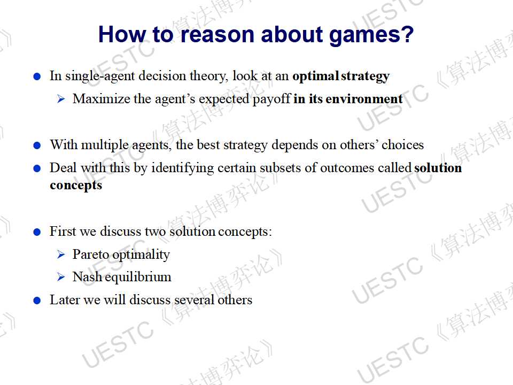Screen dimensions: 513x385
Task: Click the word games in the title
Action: tap(364, 36)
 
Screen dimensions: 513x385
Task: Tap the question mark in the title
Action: tap(407, 34)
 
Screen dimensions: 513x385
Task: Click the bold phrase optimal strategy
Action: tap(341, 76)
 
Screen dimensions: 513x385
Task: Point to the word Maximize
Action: tap(102, 98)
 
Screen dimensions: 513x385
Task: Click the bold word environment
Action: tap(364, 99)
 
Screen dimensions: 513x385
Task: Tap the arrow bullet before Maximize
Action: tap(61, 98)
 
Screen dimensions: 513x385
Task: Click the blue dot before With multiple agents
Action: tap(37, 145)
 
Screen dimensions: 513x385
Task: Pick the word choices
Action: tap(402, 145)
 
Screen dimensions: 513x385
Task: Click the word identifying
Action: tap(182, 168)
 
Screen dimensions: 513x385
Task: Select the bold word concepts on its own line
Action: tap(76, 186)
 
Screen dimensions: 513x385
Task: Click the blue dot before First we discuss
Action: tap(37, 232)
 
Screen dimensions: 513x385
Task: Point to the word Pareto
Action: tap(91, 255)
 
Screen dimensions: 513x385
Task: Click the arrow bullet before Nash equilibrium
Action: tap(61, 277)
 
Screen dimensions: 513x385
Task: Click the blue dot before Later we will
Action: tap(37, 301)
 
